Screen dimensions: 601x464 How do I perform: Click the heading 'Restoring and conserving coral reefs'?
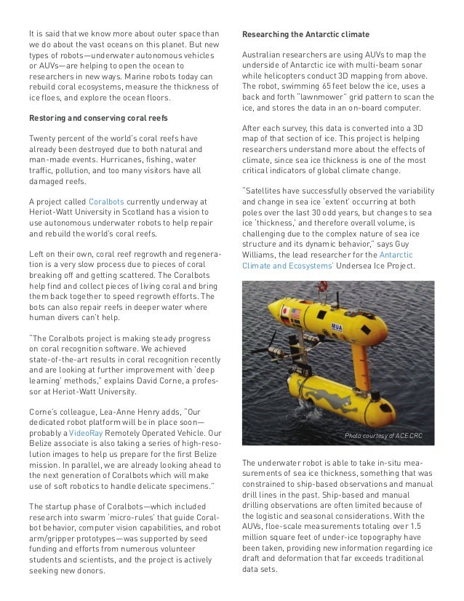click(89, 119)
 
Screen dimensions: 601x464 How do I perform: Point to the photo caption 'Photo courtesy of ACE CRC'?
click(383, 436)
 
